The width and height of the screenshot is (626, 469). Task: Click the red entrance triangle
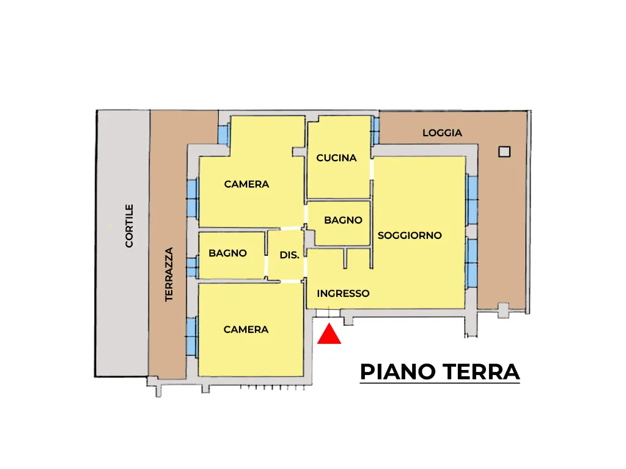[x=329, y=334]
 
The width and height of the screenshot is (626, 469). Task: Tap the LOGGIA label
[x=443, y=133]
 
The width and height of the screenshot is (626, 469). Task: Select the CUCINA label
[x=336, y=158]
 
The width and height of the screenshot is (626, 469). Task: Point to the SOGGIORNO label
[x=410, y=235]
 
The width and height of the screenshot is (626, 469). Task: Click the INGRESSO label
[x=343, y=294]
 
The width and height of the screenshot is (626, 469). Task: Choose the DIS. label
[x=289, y=255]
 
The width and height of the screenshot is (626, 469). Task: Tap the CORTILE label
[x=129, y=226]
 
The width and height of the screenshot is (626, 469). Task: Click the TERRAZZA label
[x=169, y=274]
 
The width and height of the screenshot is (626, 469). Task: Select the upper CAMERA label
[x=246, y=184]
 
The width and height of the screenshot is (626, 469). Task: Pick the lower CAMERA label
[x=246, y=329]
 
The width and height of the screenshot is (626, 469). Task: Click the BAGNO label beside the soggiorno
[x=343, y=220]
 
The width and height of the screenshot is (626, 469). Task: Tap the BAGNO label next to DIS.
[x=227, y=253]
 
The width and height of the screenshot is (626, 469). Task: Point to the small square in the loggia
[x=504, y=151]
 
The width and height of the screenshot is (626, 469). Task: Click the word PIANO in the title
[x=397, y=372]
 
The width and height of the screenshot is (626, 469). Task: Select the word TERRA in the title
[x=481, y=372]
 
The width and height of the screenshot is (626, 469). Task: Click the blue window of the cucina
[x=375, y=131]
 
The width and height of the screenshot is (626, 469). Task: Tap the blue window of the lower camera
[x=191, y=336]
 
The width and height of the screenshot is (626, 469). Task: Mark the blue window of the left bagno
[x=193, y=266]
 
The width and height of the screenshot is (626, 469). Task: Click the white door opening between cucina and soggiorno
[x=372, y=170]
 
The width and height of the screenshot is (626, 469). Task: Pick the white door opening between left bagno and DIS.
[x=266, y=266]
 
